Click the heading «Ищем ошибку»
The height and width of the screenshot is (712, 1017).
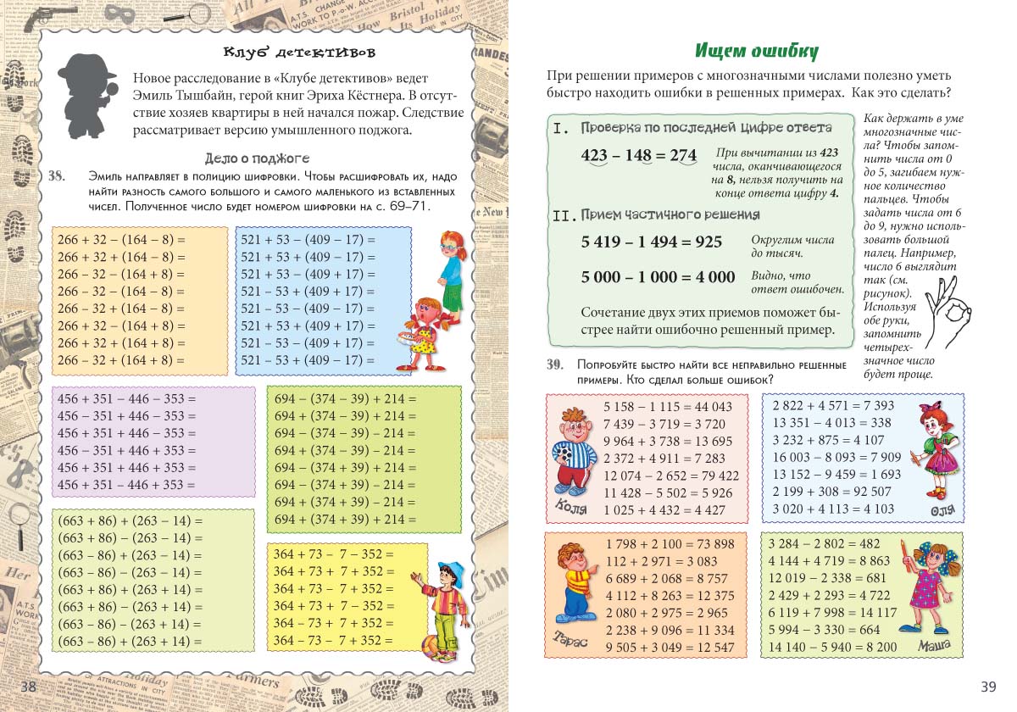pos(756,51)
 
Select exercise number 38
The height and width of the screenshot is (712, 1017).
pos(57,176)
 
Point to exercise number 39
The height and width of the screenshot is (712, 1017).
pos(555,364)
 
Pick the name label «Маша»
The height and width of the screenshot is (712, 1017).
pos(936,646)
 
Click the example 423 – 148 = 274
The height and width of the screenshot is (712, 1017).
pos(638,155)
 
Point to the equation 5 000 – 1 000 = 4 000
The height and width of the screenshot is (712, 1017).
pos(658,277)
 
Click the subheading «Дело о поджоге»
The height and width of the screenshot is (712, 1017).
pos(257,158)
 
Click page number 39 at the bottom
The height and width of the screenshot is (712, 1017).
pos(988,686)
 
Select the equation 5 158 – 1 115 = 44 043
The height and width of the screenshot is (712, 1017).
pos(668,407)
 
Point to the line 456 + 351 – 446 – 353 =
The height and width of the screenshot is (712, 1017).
pos(125,398)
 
